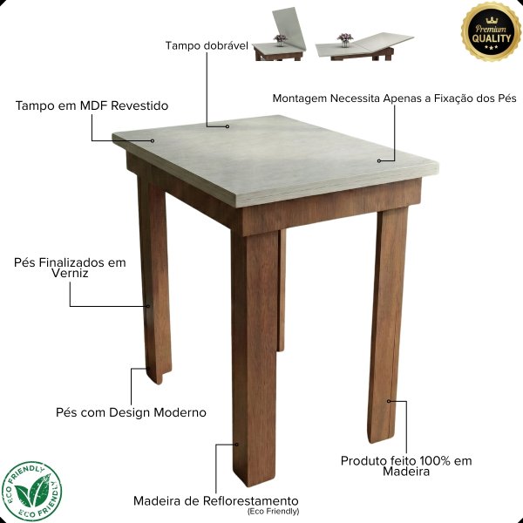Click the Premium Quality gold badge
(x=491, y=31)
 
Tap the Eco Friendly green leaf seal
(x=31, y=492)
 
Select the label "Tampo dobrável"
(x=207, y=45)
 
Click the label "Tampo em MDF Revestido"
(x=92, y=105)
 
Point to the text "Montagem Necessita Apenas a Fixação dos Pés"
(x=394, y=98)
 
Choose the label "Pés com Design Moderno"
(x=131, y=412)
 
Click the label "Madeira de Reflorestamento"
(x=216, y=500)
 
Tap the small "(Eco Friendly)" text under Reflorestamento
(x=273, y=512)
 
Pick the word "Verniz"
(x=70, y=273)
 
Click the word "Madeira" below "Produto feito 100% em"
(x=406, y=472)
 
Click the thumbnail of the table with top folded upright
(x=280, y=34)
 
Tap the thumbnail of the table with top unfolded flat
(x=364, y=46)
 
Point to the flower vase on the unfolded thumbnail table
(x=345, y=40)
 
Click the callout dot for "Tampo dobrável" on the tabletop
(x=228, y=126)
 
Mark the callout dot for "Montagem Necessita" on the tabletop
(x=379, y=160)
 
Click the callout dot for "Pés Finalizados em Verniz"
(x=148, y=306)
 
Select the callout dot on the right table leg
(x=389, y=401)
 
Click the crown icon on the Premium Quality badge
(x=492, y=20)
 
